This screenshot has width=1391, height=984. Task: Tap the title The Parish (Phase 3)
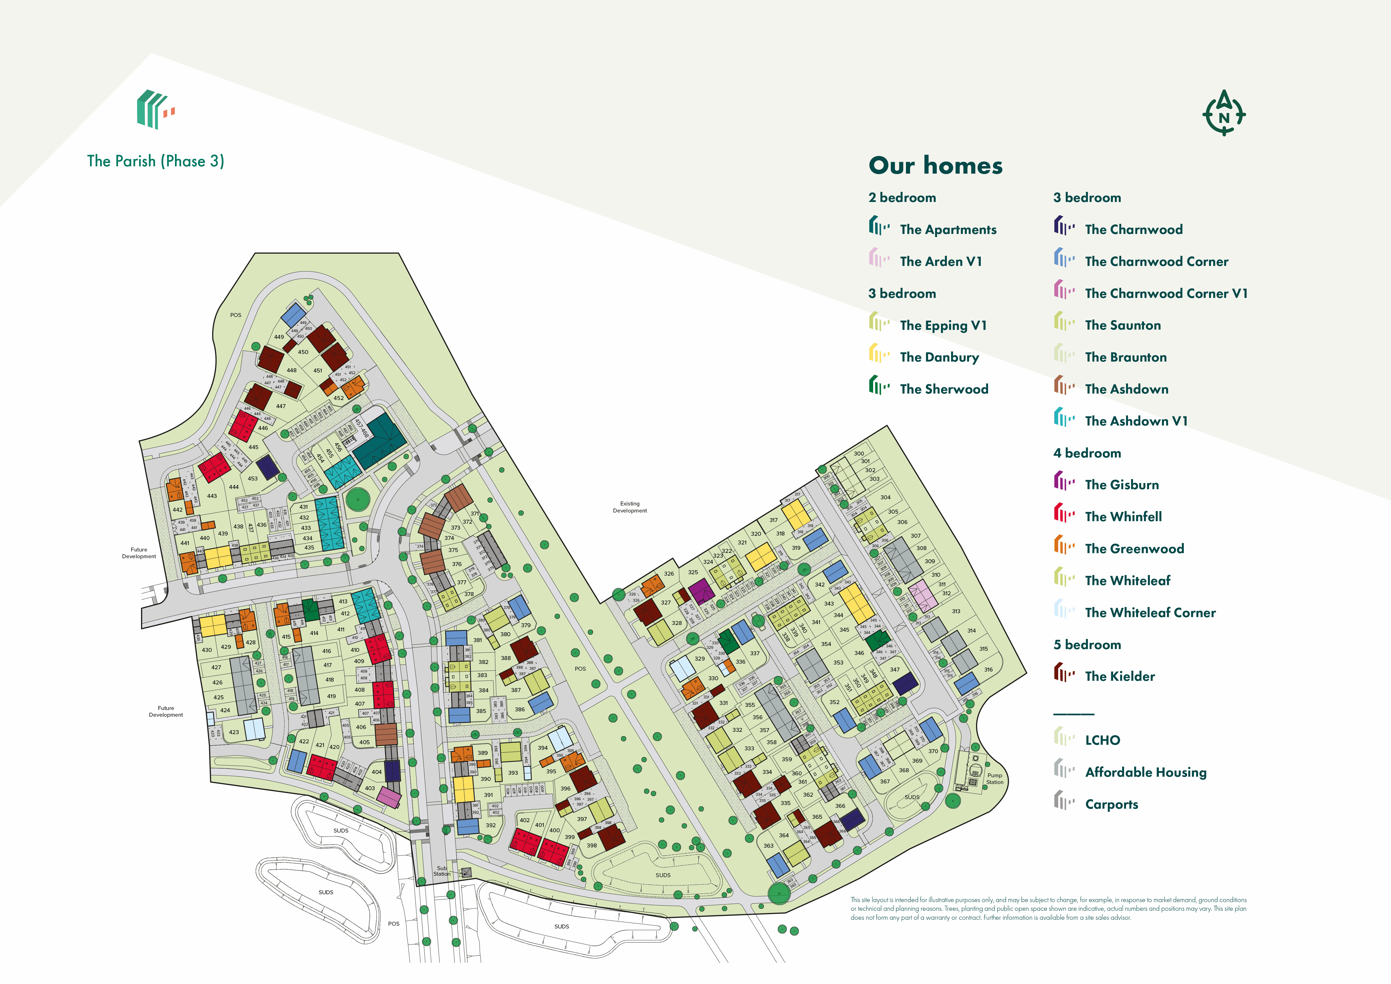coord(156,161)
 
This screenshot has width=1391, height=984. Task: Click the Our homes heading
coord(935,165)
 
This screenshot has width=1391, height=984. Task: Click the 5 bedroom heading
coord(1087,645)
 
